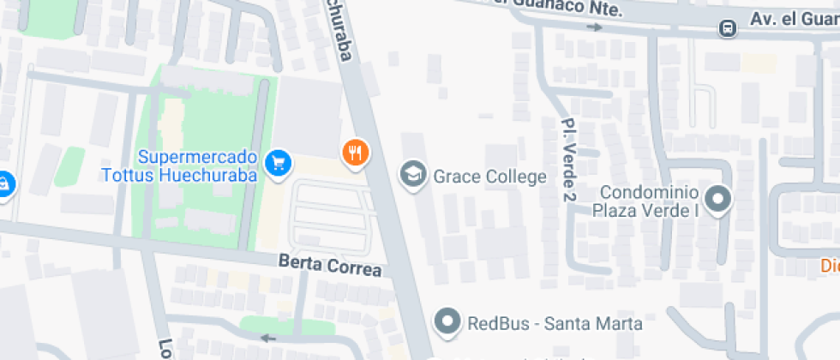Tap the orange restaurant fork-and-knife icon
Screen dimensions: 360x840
click(x=356, y=153)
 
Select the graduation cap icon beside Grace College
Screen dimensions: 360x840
click(x=414, y=176)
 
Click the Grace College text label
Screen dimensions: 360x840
click(x=489, y=177)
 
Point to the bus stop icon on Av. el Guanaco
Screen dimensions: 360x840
click(x=728, y=28)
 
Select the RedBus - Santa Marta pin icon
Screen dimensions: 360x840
click(x=447, y=322)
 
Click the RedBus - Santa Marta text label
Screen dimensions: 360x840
click(x=555, y=323)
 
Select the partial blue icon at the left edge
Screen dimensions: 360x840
click(x=3, y=183)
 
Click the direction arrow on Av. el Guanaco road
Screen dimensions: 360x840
click(x=592, y=27)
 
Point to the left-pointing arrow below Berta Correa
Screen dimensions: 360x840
click(x=269, y=338)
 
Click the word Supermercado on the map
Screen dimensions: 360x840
click(x=198, y=158)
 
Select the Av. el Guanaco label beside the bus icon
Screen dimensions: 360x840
click(x=794, y=19)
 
